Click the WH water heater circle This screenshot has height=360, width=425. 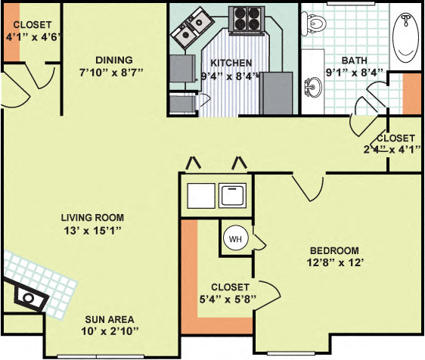pos(234,239)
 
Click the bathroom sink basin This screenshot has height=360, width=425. pos(313,85)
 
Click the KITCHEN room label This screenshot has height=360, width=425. pos(231,63)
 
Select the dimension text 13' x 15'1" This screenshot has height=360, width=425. pos(92,229)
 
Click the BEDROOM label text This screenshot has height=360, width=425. pos(333,250)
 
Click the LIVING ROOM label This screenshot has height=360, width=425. pos(92,218)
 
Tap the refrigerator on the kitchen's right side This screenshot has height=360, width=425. pos(276,92)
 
